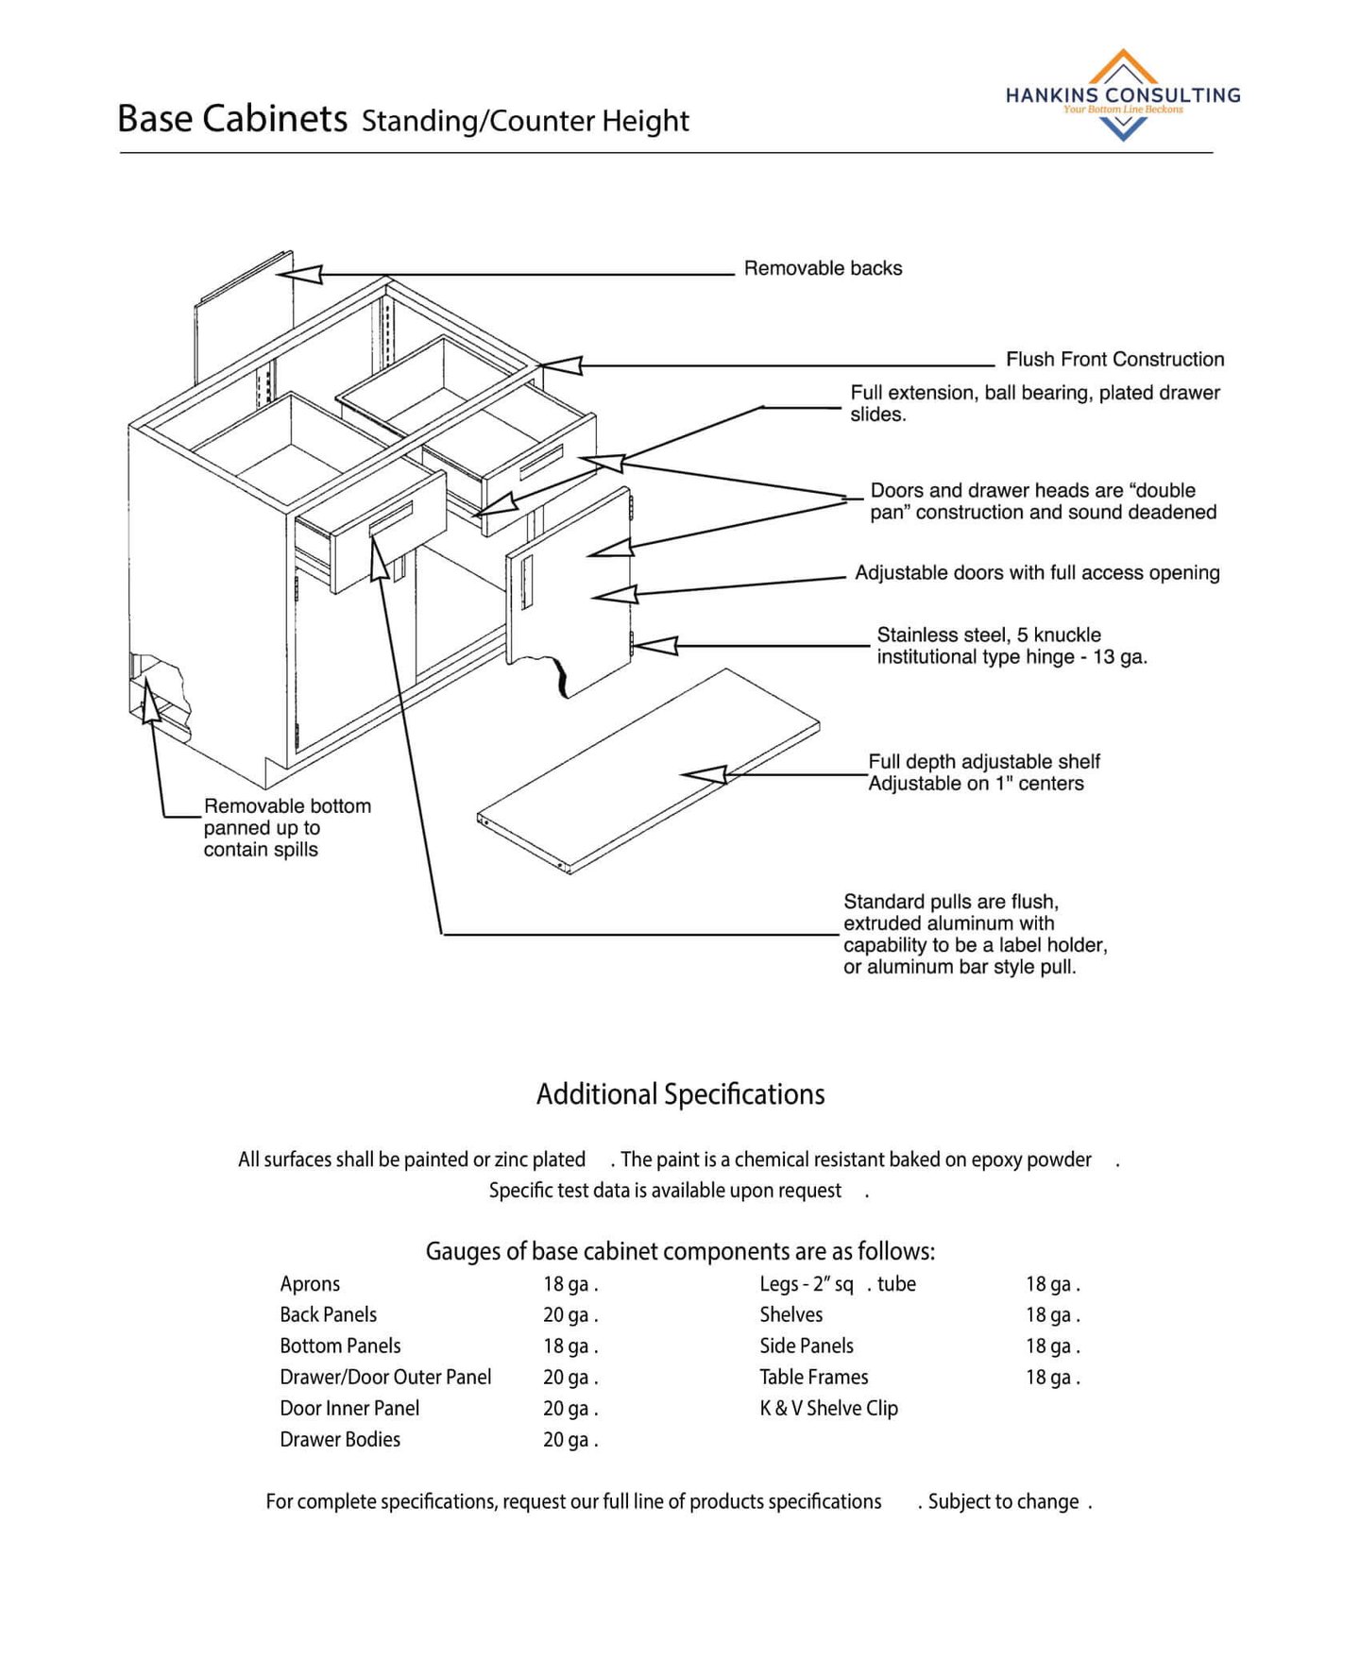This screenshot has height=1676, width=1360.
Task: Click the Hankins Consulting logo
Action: pos(1122,95)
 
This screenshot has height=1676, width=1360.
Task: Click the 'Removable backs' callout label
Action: pos(822,268)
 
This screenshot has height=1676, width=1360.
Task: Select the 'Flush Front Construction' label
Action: pos(1113,359)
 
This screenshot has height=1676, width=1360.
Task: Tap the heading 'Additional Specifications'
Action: pos(680,1093)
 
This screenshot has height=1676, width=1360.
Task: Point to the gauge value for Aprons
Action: pos(569,1283)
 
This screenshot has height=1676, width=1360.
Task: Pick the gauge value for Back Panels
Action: pos(569,1314)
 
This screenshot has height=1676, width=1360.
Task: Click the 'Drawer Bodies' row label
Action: pos(339,1439)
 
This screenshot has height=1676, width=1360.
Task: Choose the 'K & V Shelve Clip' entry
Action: pos(828,1408)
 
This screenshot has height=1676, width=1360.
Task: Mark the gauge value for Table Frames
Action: pos(1052,1377)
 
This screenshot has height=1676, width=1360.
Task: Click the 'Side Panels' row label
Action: pos(806,1346)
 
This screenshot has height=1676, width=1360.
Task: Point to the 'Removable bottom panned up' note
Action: pos(286,827)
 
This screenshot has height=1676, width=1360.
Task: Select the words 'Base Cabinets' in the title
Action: pos(232,119)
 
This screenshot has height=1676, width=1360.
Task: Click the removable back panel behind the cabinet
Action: pos(241,316)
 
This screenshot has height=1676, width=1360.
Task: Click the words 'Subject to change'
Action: pos(1003,1501)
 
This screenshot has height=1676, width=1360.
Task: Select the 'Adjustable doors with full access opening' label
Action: pos(1036,572)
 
